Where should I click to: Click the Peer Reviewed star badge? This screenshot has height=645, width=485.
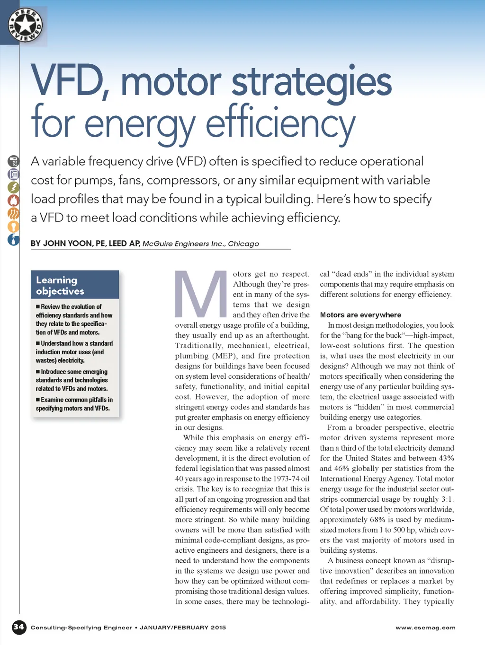tap(25, 25)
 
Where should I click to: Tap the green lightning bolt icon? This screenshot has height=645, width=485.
tap(13, 187)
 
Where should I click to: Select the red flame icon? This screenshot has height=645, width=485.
tap(13, 200)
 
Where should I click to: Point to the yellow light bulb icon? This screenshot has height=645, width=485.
tap(13, 227)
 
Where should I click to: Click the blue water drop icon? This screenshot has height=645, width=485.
tap(13, 240)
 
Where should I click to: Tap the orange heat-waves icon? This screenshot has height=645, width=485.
tap(13, 214)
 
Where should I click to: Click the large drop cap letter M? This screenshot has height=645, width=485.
tap(201, 294)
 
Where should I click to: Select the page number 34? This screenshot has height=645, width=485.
tap(19, 628)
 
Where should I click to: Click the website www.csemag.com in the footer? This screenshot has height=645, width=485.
tap(425, 628)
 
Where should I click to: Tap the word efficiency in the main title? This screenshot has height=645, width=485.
tap(280, 123)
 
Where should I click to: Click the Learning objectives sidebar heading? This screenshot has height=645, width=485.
tap(60, 285)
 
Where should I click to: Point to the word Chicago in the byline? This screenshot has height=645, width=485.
tap(243, 244)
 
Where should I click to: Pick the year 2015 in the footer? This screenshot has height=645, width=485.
tap(218, 628)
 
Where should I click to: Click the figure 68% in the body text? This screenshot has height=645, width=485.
tap(377, 520)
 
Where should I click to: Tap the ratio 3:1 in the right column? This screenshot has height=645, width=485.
tap(447, 499)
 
